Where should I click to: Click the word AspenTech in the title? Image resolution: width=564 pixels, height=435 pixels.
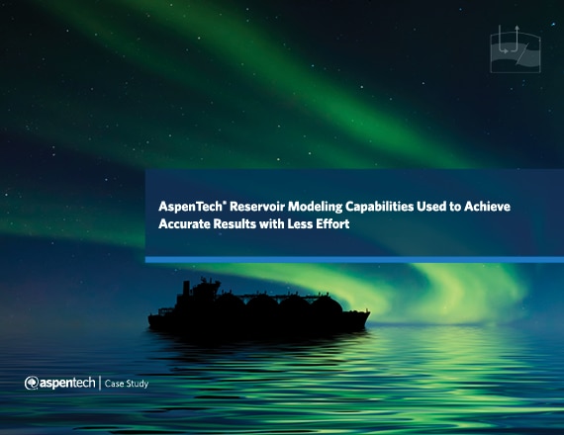coord(191,207)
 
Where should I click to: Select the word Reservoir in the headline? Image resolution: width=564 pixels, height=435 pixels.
coord(257,207)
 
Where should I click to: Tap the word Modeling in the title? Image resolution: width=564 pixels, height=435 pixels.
coord(315,207)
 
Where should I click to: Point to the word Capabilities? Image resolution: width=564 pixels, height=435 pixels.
coord(380,207)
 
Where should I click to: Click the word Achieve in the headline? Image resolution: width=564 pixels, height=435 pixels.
coord(487,207)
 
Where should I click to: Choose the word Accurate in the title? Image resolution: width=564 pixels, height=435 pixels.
coord(184,224)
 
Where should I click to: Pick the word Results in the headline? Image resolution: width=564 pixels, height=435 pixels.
coord(235,224)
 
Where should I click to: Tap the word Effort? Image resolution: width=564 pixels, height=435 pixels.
coord(332,224)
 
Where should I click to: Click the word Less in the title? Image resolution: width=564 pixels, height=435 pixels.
coord(300,224)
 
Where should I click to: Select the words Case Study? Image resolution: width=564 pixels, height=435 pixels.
coord(127,384)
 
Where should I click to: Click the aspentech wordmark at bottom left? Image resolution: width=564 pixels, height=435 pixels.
coord(67,384)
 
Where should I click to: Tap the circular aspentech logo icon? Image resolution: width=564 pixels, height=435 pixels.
coord(32,384)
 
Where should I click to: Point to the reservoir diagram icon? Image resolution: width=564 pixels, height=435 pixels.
coord(516,49)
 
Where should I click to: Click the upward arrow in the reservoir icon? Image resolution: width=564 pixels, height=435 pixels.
coord(517,39)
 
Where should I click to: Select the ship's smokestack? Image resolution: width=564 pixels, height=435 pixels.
coord(186,289)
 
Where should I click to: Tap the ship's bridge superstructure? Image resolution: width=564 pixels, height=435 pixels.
coord(206,292)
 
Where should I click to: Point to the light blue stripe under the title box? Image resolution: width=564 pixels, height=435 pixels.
coord(354,260)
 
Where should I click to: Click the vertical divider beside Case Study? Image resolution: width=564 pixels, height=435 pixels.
coord(100,384)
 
